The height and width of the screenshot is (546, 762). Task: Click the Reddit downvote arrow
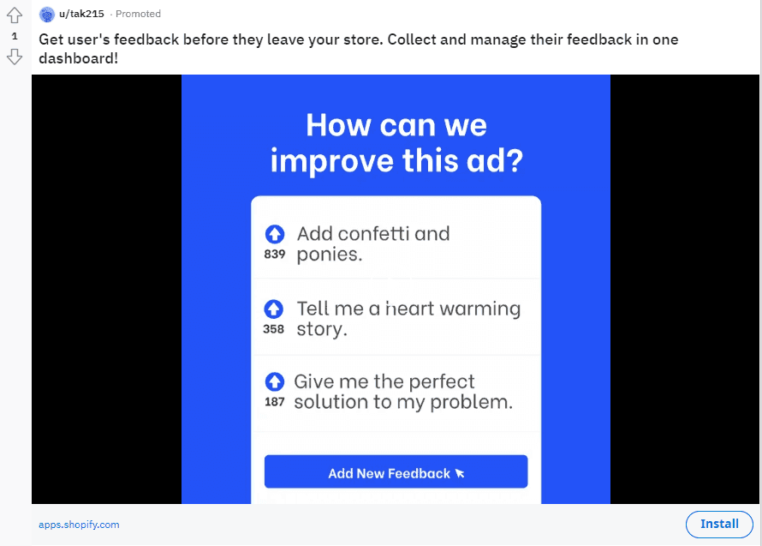point(14,57)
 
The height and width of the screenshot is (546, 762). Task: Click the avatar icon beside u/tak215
point(47,14)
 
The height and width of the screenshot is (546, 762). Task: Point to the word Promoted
point(138,14)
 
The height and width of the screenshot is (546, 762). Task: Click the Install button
point(719,524)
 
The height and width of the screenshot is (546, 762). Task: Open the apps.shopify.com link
point(79,525)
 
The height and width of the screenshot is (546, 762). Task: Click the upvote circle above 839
point(274,233)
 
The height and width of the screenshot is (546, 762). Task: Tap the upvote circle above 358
point(274,309)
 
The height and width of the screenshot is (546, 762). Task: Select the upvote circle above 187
point(274,381)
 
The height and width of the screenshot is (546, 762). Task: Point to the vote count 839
point(274,255)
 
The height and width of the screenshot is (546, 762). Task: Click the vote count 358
point(274,329)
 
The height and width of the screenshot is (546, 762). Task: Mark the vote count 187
point(274,402)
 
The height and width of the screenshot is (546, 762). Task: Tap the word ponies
point(329,255)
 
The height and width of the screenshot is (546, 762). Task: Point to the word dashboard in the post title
point(76,59)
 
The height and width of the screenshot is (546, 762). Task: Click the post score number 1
point(14,36)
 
